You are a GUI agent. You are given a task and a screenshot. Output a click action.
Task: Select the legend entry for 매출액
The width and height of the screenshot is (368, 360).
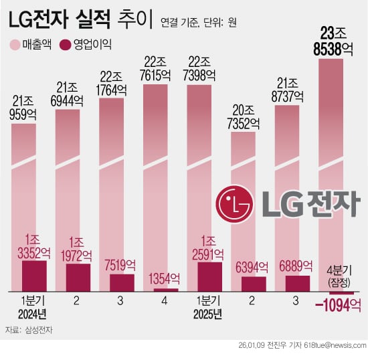point(33,46)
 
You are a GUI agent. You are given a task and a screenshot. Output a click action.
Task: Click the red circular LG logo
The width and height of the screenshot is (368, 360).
point(234,203)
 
